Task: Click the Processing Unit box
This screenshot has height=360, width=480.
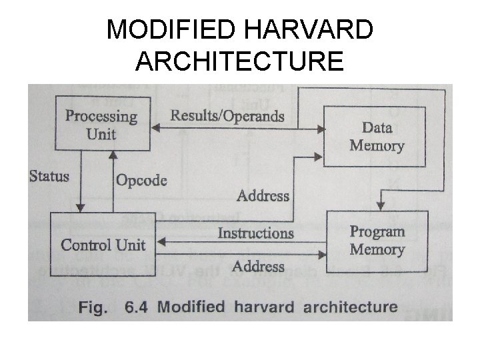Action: tap(101, 125)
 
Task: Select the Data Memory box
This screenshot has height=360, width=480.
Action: tap(376, 136)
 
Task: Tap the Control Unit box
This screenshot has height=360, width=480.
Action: tap(103, 244)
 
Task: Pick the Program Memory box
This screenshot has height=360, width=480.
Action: tap(377, 241)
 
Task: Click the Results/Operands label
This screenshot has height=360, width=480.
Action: tap(227, 116)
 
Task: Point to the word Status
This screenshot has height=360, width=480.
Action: tap(49, 177)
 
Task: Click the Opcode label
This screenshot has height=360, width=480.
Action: tap(141, 180)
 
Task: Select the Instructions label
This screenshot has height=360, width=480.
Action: tap(255, 233)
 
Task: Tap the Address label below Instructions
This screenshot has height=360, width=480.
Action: tap(259, 266)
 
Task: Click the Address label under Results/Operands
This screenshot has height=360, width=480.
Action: tap(263, 196)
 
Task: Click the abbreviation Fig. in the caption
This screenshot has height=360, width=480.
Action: tap(93, 307)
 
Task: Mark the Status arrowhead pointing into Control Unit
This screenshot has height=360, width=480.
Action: tap(81, 207)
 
